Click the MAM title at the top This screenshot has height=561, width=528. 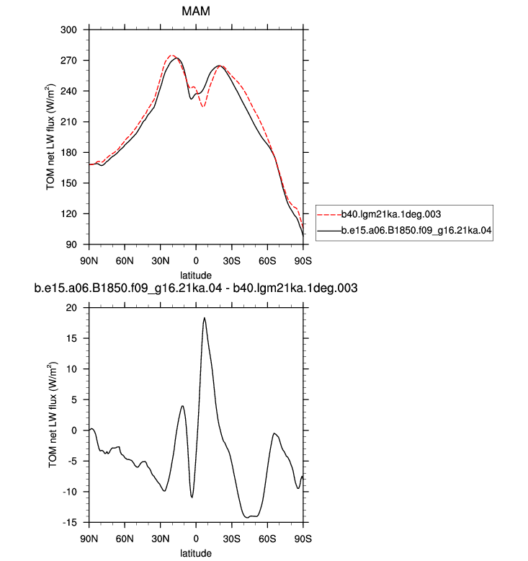pos(195,11)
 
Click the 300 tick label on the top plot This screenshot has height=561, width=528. pos(68,30)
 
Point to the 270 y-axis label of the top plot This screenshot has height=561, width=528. pos(68,61)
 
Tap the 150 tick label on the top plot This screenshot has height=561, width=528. pos(68,183)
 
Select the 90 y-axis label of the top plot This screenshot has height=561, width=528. pos(71,244)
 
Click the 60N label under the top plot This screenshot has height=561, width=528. pos(125,261)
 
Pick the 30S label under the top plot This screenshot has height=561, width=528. pos(232,261)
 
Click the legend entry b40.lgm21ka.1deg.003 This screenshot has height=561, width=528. pos(391,214)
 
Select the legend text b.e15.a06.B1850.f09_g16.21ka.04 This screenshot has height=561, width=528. pos(416,230)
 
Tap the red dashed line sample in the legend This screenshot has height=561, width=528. pos(329,215)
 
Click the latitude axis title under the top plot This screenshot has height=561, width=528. pos(195,275)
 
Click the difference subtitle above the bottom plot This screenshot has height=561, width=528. pos(195,288)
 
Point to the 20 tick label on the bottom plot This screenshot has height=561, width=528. pos(71,308)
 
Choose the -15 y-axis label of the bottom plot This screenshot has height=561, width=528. pos(70,523)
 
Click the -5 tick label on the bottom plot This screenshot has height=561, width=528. pos(72,461)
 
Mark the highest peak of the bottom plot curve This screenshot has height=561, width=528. pos(204,318)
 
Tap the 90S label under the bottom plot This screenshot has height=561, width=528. pos(303,539)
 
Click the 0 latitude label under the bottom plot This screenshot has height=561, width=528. pos(196,539)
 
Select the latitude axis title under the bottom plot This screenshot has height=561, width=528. pos(195,553)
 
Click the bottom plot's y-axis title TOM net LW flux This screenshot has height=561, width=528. pos(53,415)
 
